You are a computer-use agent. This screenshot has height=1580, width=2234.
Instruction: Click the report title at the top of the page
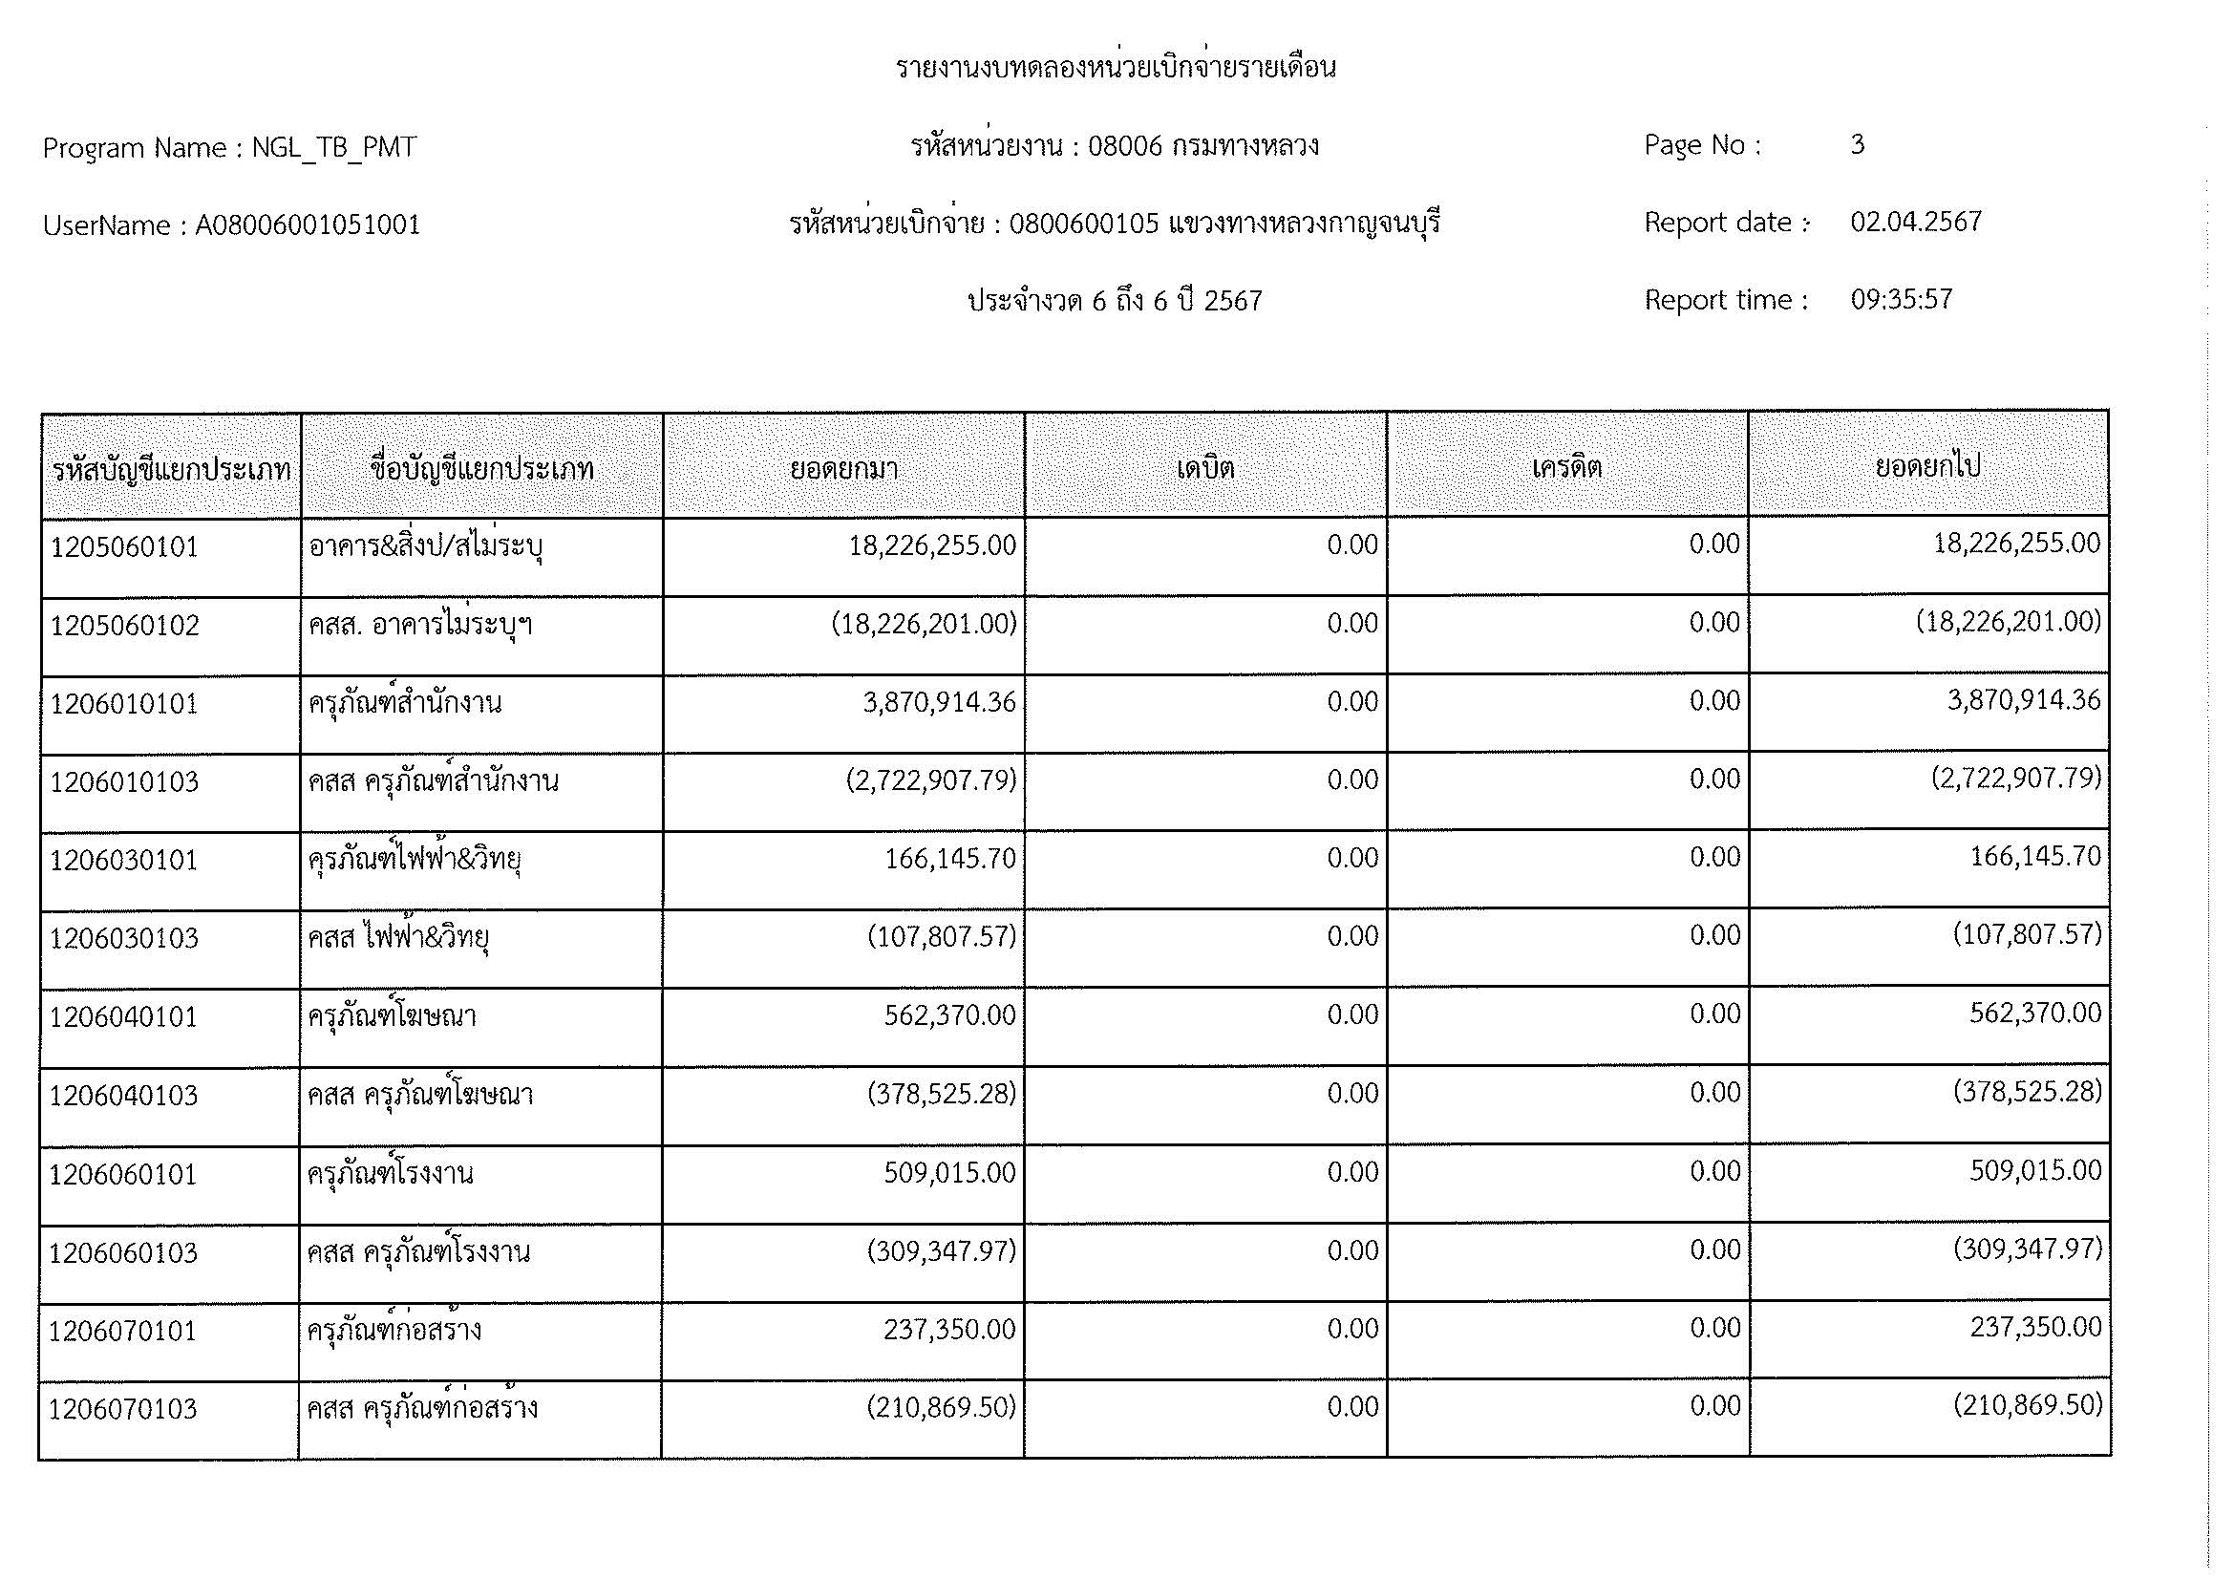[x=1115, y=68]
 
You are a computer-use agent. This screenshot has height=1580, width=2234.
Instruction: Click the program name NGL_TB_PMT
[x=333, y=148]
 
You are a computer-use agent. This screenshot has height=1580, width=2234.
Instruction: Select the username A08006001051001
[x=308, y=225]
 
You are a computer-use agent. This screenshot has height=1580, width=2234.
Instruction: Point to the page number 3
[x=1857, y=145]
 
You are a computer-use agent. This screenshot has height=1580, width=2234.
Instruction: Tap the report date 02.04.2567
[x=1915, y=222]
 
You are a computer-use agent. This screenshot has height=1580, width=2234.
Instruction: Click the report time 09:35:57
[x=1901, y=300]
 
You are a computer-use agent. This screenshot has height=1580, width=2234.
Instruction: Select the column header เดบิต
[x=1204, y=469]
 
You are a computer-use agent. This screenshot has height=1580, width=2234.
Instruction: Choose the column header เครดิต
[x=1566, y=468]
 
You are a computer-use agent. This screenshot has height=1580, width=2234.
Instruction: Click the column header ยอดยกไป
[x=1927, y=467]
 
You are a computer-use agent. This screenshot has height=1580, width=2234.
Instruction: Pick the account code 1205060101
[x=124, y=547]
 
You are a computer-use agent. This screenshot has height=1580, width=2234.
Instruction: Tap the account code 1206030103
[x=124, y=939]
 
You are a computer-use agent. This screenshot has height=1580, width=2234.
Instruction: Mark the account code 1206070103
[x=123, y=1409]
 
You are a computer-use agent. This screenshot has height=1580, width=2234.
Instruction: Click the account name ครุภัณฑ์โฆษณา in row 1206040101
[x=393, y=1016]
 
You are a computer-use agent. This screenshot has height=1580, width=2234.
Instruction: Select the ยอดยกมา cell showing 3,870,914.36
[x=939, y=702]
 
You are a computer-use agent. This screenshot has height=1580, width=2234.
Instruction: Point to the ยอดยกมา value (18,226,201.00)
[x=924, y=624]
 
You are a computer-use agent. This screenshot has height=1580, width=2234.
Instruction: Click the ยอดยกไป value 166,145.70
[x=2035, y=857]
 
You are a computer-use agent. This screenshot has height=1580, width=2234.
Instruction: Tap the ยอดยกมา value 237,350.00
[x=948, y=1329]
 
